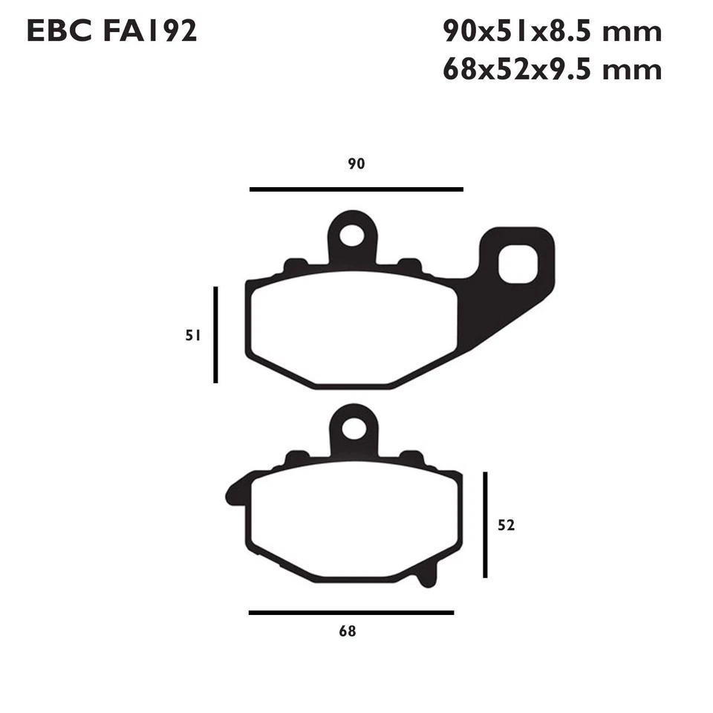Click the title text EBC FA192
[x=111, y=32]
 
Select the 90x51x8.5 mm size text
[x=551, y=32]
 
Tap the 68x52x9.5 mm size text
[x=551, y=70]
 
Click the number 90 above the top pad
[x=356, y=164]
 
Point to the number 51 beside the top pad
[x=193, y=335]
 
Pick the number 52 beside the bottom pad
[x=506, y=525]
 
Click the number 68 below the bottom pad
[x=347, y=632]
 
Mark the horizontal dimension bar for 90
[x=356, y=189]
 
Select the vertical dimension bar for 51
[x=215, y=335]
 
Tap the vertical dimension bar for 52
[x=485, y=524]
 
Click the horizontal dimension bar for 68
[x=351, y=613]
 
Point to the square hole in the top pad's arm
[x=517, y=265]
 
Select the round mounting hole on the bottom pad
[x=354, y=429]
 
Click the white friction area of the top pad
[x=353, y=327]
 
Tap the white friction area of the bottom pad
[x=353, y=520]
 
